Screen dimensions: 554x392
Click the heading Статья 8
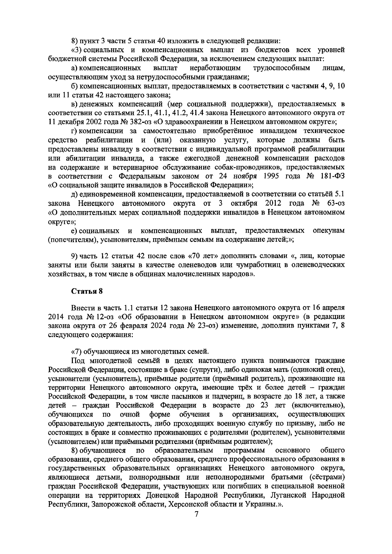(87, 292)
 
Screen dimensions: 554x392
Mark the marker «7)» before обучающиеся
(76, 351)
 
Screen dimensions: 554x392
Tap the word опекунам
(328, 231)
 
